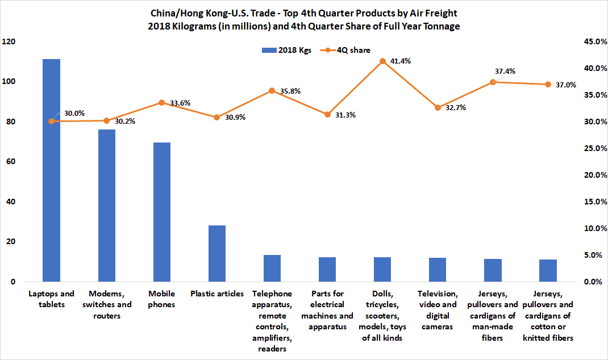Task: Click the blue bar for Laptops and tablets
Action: click(x=51, y=170)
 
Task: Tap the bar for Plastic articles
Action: click(x=216, y=253)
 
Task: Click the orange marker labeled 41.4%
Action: click(x=382, y=61)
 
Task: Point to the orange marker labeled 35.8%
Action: click(x=272, y=91)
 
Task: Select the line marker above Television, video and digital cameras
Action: click(x=438, y=107)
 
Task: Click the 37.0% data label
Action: click(x=565, y=85)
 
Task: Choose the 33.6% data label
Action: click(x=179, y=103)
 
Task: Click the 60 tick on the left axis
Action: click(x=11, y=162)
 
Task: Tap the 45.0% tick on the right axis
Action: click(x=589, y=41)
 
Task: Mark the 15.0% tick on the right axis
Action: click(x=589, y=202)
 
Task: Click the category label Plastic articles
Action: click(x=216, y=294)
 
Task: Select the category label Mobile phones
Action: click(x=161, y=299)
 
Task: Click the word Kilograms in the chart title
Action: click(x=240, y=26)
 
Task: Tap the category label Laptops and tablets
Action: click(x=51, y=299)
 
